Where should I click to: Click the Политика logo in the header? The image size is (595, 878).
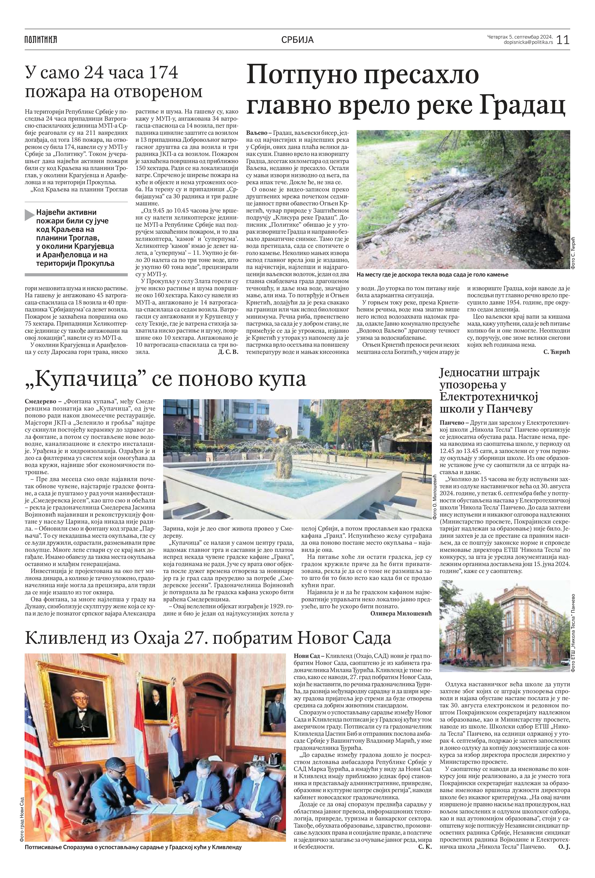(41, 39)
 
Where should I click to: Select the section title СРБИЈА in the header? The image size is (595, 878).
(297, 40)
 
